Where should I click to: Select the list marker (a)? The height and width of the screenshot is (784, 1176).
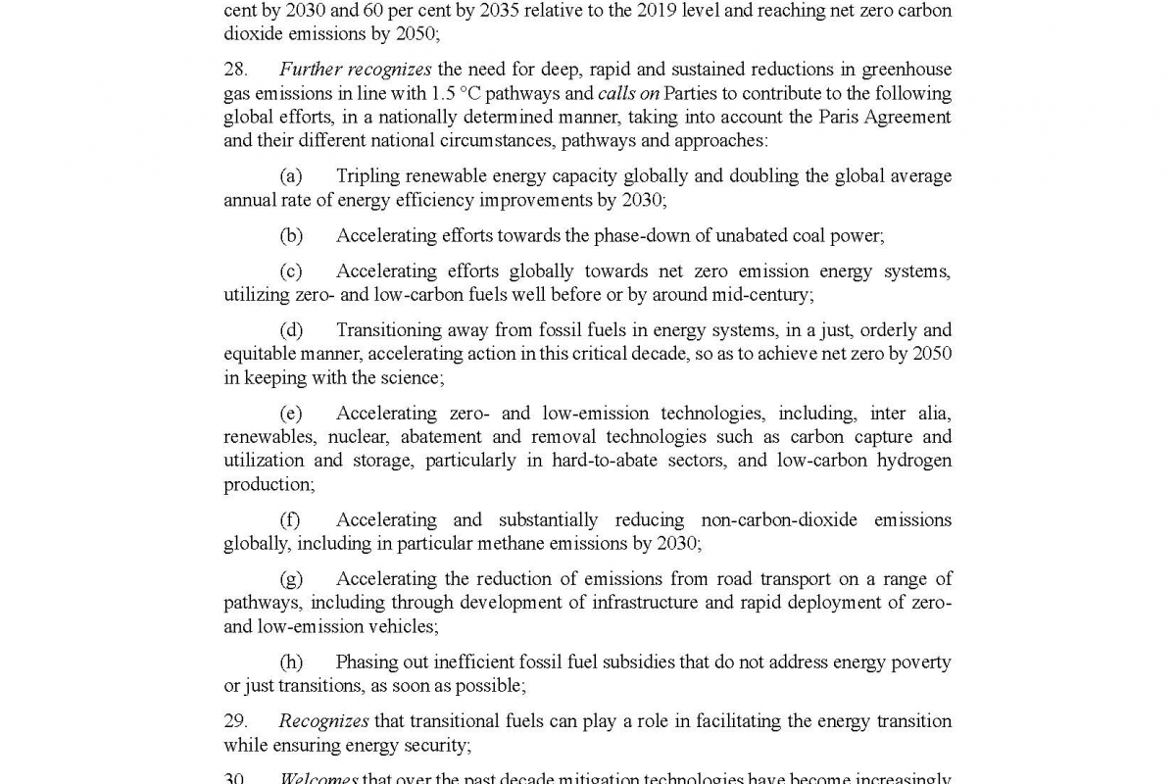point(290,176)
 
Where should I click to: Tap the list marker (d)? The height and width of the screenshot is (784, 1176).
point(291,330)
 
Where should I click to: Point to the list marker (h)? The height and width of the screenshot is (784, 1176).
point(291,662)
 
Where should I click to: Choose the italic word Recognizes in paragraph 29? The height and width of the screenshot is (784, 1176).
point(323,721)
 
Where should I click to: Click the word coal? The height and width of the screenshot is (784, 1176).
point(805,236)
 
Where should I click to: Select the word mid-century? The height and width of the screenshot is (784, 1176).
point(762,295)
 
